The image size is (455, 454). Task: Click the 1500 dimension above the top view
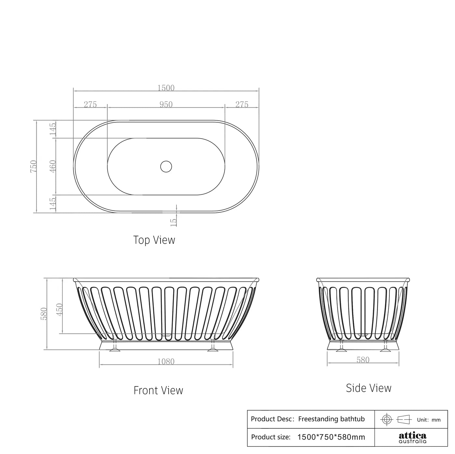166,88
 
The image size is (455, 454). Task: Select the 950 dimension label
166,104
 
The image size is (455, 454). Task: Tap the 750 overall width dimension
34,166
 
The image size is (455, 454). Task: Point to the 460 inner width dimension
53,166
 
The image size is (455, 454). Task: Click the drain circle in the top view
166,166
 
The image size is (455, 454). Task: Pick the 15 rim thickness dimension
174,222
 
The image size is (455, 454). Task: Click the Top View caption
154,240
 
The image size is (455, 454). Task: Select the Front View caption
158,390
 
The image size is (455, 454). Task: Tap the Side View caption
369,388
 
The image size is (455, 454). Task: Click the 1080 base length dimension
166,362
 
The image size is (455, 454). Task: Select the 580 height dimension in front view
44,314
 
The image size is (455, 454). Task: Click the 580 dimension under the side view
363,360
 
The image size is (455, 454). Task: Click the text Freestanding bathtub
331,419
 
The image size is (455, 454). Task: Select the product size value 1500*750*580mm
331,437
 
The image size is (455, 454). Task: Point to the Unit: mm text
429,420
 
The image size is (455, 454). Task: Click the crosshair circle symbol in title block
386,419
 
